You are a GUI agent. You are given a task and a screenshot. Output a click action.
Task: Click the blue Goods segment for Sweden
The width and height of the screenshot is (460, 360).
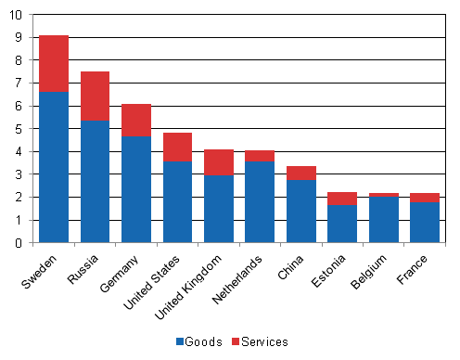(54, 167)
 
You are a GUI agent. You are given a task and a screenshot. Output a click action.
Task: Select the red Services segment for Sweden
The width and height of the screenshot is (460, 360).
(54, 63)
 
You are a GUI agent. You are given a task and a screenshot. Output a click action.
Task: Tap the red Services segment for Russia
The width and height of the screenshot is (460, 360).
(95, 96)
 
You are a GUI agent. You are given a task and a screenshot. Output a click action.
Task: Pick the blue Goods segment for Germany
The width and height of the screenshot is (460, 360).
(136, 189)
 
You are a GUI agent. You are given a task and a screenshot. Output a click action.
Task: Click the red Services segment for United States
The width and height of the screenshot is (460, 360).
(178, 147)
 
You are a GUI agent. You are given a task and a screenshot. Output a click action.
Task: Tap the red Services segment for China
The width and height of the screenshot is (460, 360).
(302, 173)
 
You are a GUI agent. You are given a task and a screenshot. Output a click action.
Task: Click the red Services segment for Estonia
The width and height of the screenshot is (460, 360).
(343, 199)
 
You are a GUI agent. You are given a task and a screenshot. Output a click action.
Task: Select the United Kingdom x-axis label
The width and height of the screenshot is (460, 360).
(195, 283)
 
